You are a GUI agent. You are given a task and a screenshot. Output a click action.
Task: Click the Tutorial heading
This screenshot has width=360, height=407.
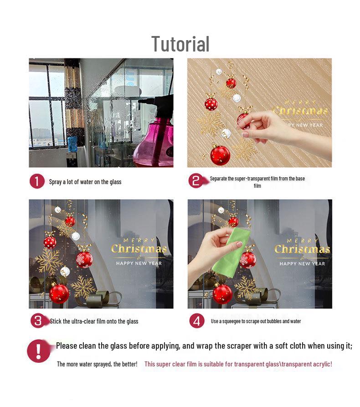[x=180, y=44]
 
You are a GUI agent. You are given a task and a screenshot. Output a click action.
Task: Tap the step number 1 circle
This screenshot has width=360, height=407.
[x=37, y=181]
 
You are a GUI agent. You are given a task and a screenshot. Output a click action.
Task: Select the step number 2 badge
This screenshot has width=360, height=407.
[x=196, y=180]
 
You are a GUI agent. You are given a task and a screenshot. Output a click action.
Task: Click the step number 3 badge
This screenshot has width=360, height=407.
[x=38, y=321]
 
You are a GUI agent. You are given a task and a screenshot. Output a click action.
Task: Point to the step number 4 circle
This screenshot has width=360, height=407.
[x=197, y=321]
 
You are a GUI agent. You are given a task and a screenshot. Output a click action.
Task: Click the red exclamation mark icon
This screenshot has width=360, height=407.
[x=39, y=351]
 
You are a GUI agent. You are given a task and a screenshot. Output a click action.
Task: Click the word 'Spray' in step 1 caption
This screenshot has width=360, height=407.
[x=55, y=182]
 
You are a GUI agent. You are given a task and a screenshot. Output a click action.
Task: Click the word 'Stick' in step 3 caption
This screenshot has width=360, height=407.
[x=56, y=321]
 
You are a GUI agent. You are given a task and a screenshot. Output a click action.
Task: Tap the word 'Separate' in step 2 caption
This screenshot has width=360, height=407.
[x=218, y=179]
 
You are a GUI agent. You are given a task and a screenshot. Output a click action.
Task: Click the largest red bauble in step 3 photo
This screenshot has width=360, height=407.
[x=59, y=294]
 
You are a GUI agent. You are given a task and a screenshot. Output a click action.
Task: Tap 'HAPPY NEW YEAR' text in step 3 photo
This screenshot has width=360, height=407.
[x=139, y=263]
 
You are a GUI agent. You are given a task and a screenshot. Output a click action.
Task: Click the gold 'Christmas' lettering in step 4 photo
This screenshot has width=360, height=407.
[x=303, y=249]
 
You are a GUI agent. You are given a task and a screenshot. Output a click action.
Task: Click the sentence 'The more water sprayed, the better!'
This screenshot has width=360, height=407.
[x=97, y=364]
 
